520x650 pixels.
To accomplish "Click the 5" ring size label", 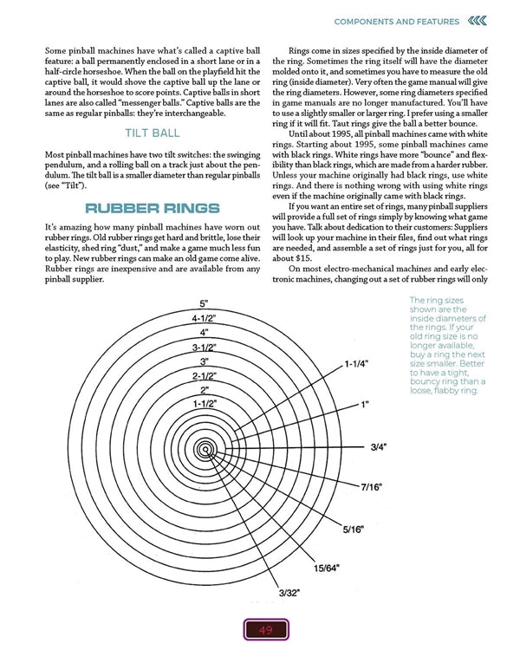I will click(204, 304).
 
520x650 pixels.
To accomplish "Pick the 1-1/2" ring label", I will click(204, 404).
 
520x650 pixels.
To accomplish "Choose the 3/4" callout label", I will click(378, 447).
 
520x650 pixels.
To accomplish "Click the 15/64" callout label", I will click(328, 568).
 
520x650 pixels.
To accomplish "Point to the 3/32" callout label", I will click(289, 593).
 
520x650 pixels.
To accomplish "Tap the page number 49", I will click(260, 630).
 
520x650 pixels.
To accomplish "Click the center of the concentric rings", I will click(205, 448).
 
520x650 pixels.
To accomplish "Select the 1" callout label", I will click(366, 405).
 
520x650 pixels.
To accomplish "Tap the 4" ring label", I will click(204, 333).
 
